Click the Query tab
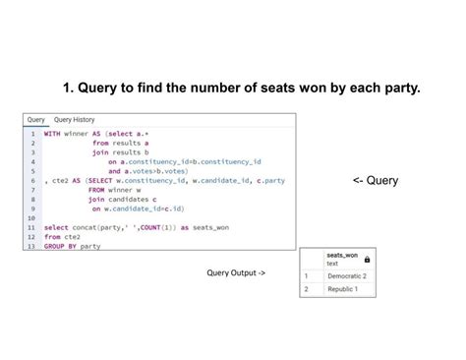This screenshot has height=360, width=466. [35, 119]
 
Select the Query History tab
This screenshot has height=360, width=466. [75, 119]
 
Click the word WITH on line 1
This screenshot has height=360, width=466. [52, 133]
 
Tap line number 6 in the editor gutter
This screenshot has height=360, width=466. [32, 180]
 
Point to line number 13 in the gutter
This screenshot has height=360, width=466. [31, 246]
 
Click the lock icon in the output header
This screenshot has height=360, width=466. [367, 260]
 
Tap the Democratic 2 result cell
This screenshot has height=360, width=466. [346, 276]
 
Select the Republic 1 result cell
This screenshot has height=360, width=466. [343, 290]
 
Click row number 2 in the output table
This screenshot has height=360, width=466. [306, 290]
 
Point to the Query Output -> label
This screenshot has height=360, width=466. [236, 271]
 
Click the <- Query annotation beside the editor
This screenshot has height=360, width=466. [376, 181]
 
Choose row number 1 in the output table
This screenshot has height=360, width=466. [306, 276]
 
